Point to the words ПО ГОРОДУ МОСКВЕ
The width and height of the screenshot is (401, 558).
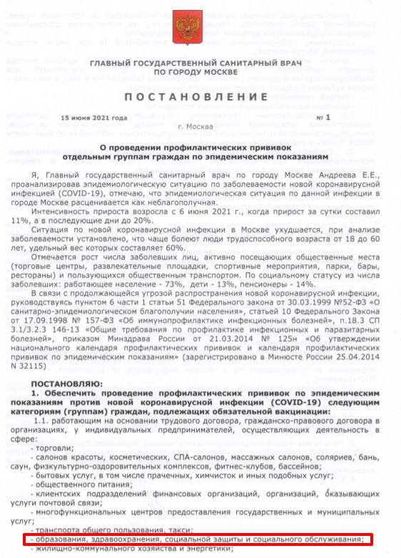pos(200,73)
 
